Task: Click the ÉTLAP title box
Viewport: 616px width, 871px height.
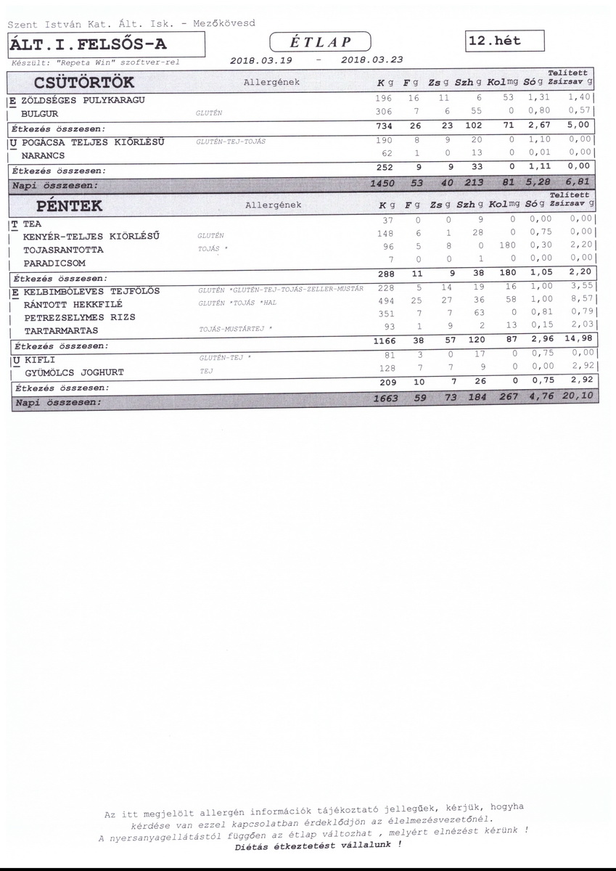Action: tap(320, 41)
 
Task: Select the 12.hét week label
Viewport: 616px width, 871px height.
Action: tap(506, 41)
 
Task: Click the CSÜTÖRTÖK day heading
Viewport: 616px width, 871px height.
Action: tap(83, 83)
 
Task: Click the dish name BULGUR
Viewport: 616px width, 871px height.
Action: tap(39, 114)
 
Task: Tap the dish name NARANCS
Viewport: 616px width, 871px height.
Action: tap(44, 155)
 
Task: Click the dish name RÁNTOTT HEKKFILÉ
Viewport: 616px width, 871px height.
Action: tap(73, 304)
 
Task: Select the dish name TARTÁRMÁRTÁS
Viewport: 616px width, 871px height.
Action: tap(61, 330)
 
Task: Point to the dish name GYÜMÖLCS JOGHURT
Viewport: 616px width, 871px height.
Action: tap(75, 372)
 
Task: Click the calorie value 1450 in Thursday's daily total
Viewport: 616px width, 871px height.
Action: tap(382, 185)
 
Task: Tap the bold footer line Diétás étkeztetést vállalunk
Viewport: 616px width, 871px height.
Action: tap(319, 846)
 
